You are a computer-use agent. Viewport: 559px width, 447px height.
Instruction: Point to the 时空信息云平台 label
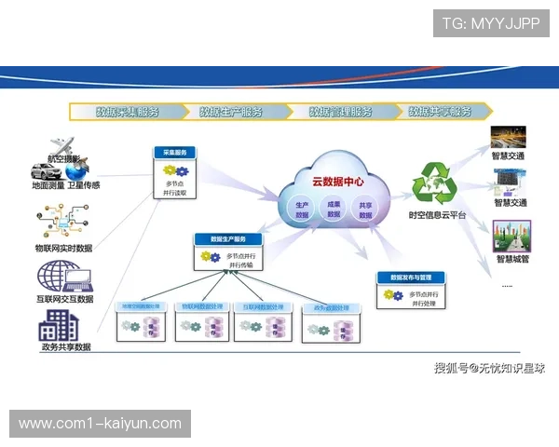point(437,216)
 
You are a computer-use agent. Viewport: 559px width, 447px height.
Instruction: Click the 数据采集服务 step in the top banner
point(128,112)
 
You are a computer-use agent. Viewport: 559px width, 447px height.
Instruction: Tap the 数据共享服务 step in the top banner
point(440,112)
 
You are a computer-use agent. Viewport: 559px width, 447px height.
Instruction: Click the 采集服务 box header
point(175,152)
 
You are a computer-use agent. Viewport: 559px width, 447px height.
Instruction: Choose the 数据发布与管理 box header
point(411,278)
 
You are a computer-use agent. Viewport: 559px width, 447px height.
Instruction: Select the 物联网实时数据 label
point(63,249)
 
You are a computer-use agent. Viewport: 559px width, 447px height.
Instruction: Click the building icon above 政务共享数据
point(60,325)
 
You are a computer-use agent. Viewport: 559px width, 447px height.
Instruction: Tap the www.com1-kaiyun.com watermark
point(100,424)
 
